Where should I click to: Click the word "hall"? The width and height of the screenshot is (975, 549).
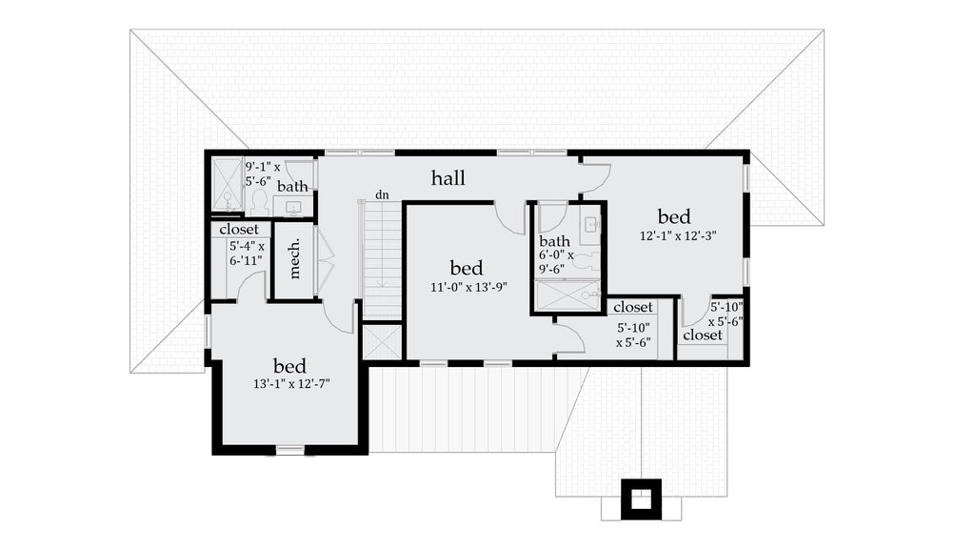click(x=448, y=178)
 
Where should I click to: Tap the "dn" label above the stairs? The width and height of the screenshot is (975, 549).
click(x=382, y=194)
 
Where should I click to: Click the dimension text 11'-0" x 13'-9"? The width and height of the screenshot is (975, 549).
click(x=467, y=286)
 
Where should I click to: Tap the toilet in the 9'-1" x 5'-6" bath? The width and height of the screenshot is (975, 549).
click(x=257, y=201)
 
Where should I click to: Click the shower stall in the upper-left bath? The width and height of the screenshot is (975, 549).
click(x=227, y=184)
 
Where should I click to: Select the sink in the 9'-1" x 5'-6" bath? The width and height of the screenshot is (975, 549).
click(x=292, y=207)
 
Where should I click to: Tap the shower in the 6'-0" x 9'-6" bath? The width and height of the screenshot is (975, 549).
click(x=567, y=296)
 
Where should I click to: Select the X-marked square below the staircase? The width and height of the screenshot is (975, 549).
click(x=382, y=341)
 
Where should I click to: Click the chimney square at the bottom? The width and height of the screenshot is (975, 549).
click(x=641, y=498)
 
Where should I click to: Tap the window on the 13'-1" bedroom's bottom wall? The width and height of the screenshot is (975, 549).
click(x=289, y=449)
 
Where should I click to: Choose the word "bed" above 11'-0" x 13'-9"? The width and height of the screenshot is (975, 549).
click(x=466, y=268)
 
